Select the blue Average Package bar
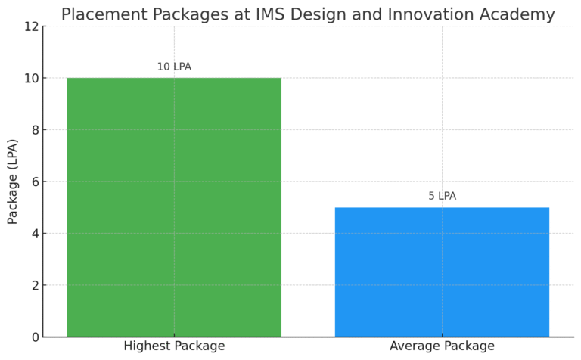tap(442, 272)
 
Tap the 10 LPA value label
tap(174, 67)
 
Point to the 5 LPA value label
tap(442, 196)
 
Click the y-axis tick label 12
tap(30, 26)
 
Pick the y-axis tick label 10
tap(30, 78)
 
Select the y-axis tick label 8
tap(33, 130)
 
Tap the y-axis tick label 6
tap(33, 182)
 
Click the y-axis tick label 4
tap(33, 233)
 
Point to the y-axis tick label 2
tap(33, 285)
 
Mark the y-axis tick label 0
tap(33, 337)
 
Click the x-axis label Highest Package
tap(174, 346)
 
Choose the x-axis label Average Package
tap(442, 346)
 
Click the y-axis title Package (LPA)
tap(13, 182)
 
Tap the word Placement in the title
tap(101, 14)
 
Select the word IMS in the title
tap(267, 14)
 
